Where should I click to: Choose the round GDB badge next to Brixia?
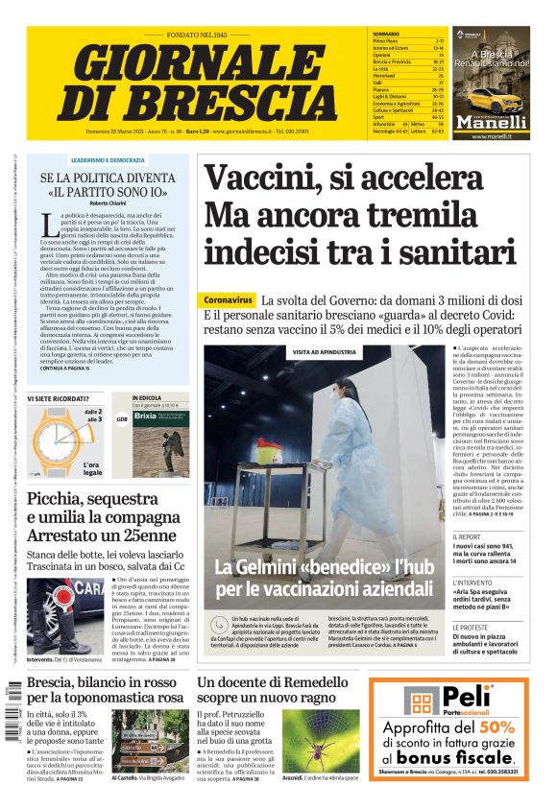click(x=122, y=419)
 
